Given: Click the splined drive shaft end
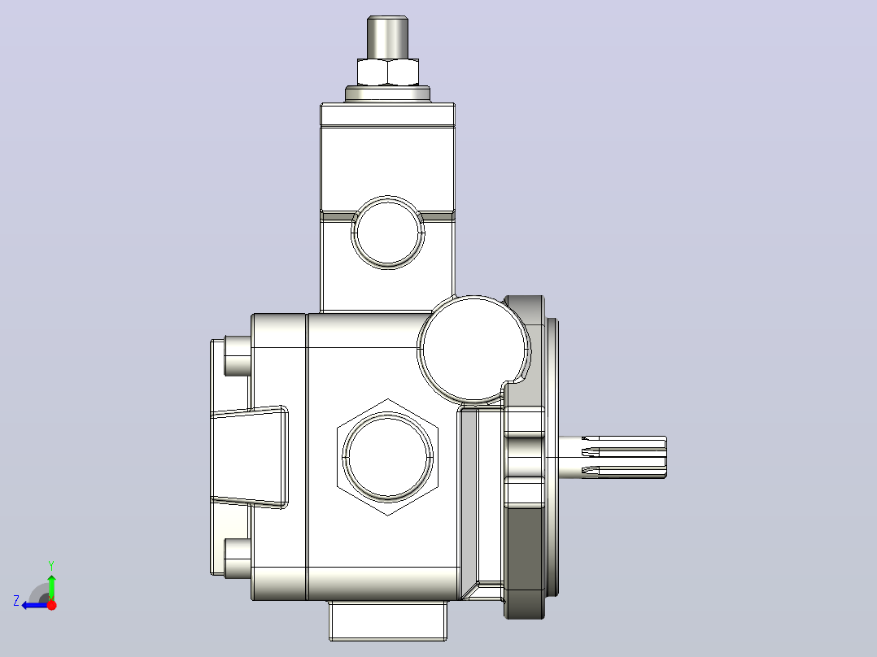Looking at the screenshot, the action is tap(624, 458).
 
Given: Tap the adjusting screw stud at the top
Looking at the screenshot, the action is tap(387, 37).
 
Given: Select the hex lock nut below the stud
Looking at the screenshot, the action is tap(387, 72).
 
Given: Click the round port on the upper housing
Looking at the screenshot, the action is tap(387, 233).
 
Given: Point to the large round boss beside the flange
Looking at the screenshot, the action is tap(474, 349).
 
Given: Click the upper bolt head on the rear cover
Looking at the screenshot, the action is tap(238, 355).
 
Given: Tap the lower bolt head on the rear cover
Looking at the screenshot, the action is tap(238, 559).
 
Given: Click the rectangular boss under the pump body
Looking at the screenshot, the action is tap(387, 620).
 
